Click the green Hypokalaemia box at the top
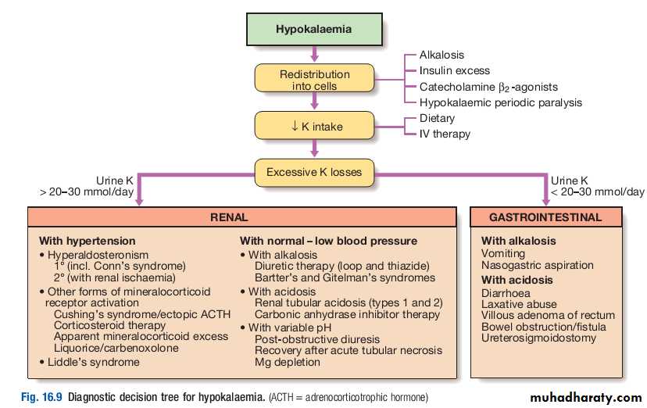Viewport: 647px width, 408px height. coord(313,30)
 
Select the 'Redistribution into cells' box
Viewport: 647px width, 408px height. coord(314,80)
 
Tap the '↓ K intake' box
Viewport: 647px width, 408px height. coord(314,127)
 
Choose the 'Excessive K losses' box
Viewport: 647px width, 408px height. coord(314,172)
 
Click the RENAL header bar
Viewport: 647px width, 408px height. coord(241,218)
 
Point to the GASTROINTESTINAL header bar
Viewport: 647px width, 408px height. coord(556,218)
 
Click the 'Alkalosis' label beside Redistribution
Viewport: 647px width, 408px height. coord(441,55)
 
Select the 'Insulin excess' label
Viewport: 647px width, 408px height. coord(455,70)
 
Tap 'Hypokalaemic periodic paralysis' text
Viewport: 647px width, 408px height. coord(500,102)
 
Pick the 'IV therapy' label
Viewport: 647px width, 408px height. coord(445,134)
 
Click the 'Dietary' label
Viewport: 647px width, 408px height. coord(437,118)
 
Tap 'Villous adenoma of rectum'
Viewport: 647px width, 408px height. coord(548,315)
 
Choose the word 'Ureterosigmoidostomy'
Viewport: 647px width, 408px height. coord(538,338)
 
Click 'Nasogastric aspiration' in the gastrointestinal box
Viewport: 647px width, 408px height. coord(538,265)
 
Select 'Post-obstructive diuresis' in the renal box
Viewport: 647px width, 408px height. coord(317,339)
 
